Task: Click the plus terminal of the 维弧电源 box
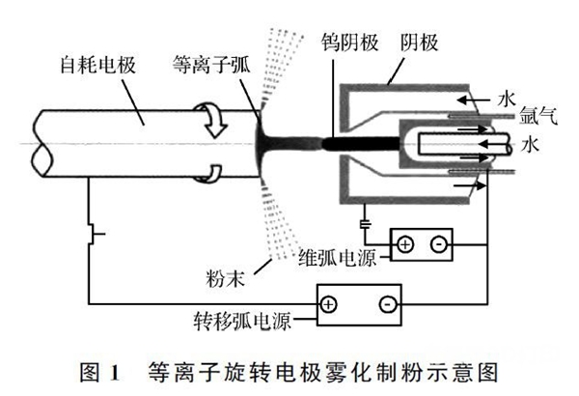pos(404,244)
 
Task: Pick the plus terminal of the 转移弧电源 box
pos(329,304)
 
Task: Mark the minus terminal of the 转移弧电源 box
pos(387,304)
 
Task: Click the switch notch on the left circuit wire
pos(93,233)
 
